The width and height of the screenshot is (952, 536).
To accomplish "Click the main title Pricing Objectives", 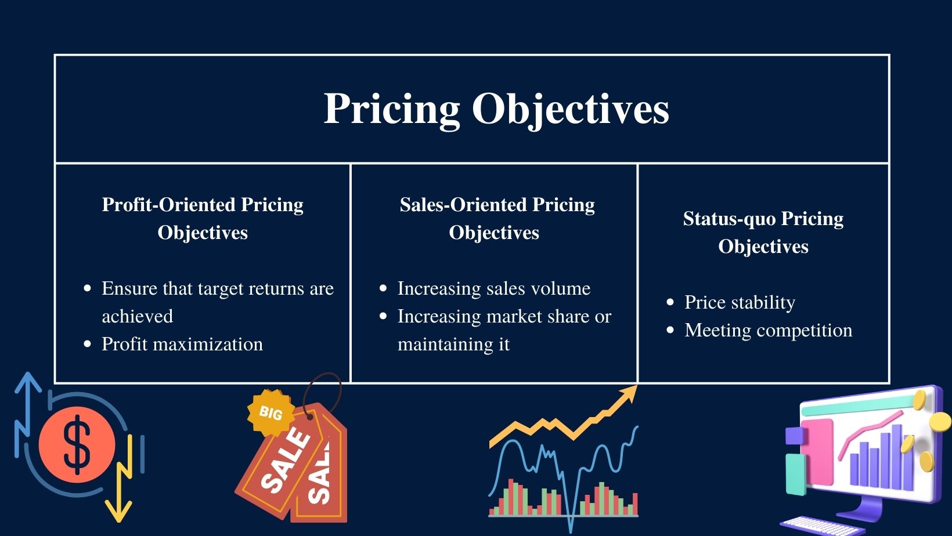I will coord(496,108).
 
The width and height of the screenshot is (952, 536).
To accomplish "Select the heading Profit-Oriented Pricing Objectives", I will coord(203,218).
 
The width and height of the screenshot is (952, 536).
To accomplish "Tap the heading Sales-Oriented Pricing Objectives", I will coord(496,218).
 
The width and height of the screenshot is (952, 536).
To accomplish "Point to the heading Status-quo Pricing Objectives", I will coord(763,232).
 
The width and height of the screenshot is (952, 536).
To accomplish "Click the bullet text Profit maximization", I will coord(182,344).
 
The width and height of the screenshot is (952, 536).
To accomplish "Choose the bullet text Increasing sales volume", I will coord(493,288).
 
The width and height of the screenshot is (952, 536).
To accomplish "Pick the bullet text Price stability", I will coord(740,302).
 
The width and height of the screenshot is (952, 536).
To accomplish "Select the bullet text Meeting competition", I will coord(768,330).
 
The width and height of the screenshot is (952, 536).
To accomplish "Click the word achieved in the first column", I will coord(137,316).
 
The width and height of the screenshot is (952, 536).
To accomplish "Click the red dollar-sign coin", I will coord(77,444).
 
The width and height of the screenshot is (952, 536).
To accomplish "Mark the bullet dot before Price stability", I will coord(670,302).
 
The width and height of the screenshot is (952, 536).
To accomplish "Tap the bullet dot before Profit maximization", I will coord(88,344).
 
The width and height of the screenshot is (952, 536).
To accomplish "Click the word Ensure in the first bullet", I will coord(129,288).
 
